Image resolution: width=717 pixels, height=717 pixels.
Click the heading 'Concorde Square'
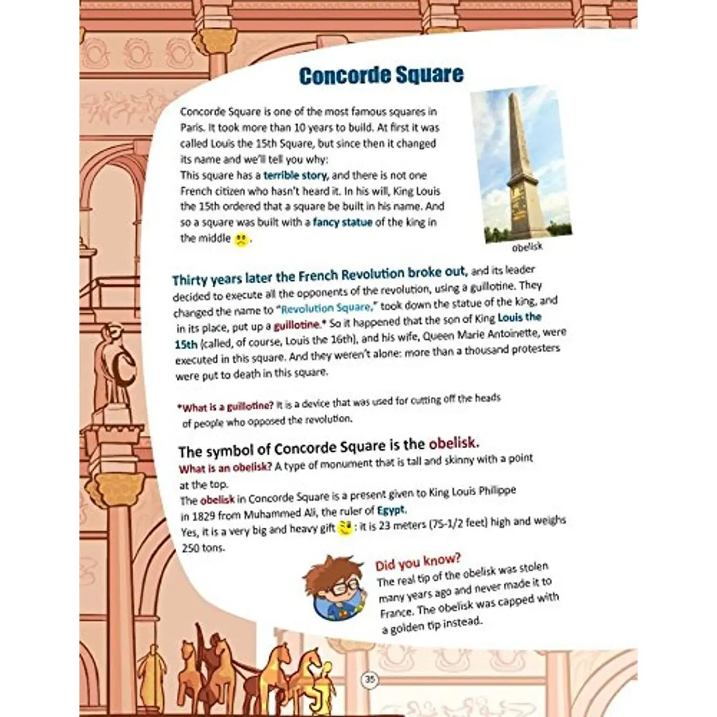pos(381,75)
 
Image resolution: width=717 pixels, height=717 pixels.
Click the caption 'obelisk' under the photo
pos(527,246)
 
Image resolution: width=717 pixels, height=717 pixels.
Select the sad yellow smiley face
pos(240,240)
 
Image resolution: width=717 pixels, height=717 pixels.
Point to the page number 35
pos(370,679)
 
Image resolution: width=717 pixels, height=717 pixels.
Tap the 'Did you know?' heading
pos(418,561)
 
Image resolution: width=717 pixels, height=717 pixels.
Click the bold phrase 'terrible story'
pos(295,176)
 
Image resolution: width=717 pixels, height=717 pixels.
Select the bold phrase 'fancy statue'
pos(342,222)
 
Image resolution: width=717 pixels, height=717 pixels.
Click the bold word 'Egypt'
pos(391,510)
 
